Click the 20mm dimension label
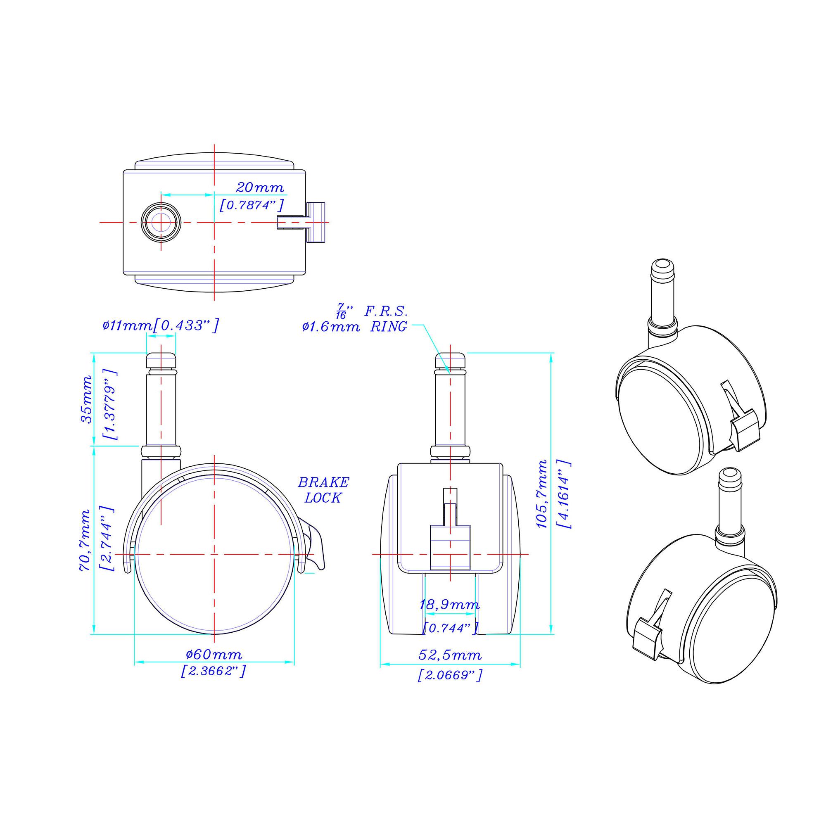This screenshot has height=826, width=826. [259, 188]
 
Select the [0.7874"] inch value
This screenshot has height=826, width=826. [251, 205]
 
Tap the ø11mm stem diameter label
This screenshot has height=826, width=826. [127, 326]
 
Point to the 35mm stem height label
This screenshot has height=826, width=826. [87, 400]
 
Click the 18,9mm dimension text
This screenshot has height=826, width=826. [449, 605]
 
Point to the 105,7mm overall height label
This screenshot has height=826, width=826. [542, 494]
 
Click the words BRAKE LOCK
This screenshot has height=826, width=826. [323, 490]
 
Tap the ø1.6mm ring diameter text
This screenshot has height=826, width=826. [330, 328]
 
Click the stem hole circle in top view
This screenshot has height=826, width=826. [160, 222]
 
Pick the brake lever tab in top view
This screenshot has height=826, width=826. [316, 223]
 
